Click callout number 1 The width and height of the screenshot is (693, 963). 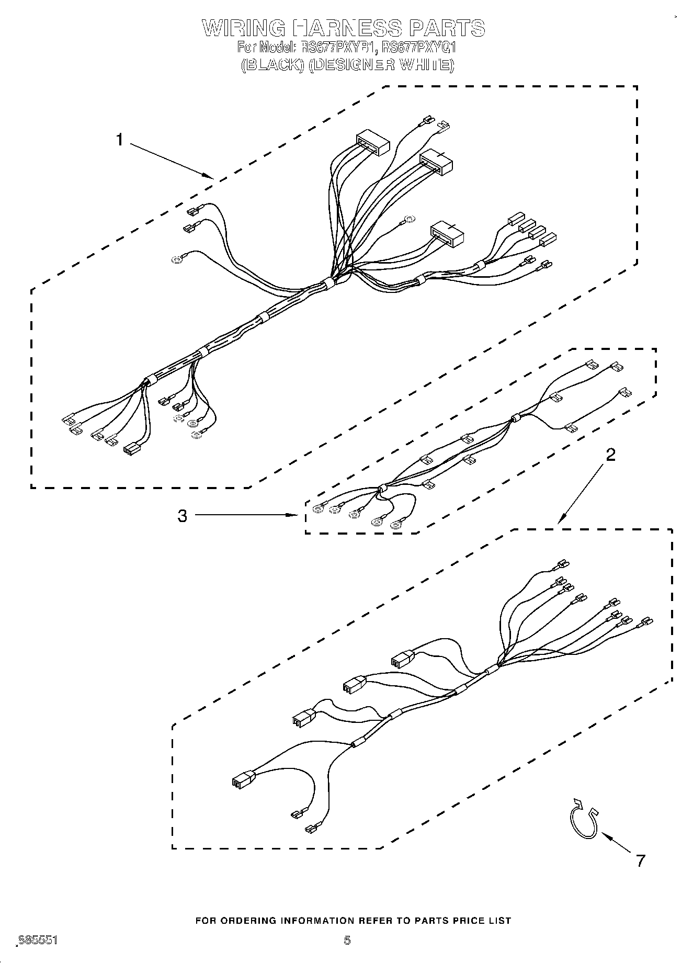coord(120,140)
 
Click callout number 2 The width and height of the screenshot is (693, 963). coord(610,455)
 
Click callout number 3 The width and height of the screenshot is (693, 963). coord(182,516)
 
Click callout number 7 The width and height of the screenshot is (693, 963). coord(640,860)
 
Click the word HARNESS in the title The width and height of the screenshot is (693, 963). coord(345,28)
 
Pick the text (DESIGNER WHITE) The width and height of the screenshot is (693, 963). coord(381,65)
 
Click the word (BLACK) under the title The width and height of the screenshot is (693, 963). coord(272,65)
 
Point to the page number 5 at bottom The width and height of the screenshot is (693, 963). coord(347,940)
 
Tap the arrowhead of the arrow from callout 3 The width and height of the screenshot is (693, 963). coord(293,516)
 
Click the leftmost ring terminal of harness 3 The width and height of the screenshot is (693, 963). coord(317,508)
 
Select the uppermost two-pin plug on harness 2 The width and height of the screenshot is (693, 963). coord(402,659)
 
